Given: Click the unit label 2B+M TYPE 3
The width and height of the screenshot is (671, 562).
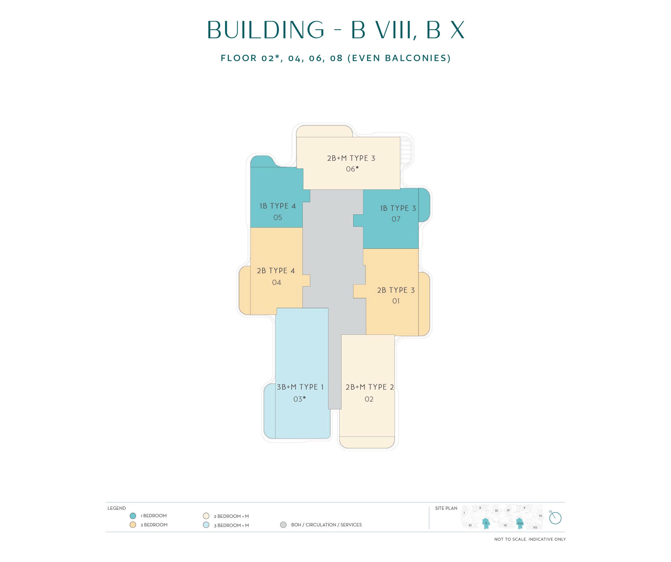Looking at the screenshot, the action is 351,158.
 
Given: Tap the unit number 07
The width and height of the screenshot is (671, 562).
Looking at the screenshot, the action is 396,219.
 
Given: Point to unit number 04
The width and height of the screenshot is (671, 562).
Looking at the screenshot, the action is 276,282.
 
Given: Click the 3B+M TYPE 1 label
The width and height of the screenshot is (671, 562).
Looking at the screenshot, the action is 300,387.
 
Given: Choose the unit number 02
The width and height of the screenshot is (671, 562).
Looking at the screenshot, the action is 369,399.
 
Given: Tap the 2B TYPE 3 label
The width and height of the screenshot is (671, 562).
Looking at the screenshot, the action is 396,290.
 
